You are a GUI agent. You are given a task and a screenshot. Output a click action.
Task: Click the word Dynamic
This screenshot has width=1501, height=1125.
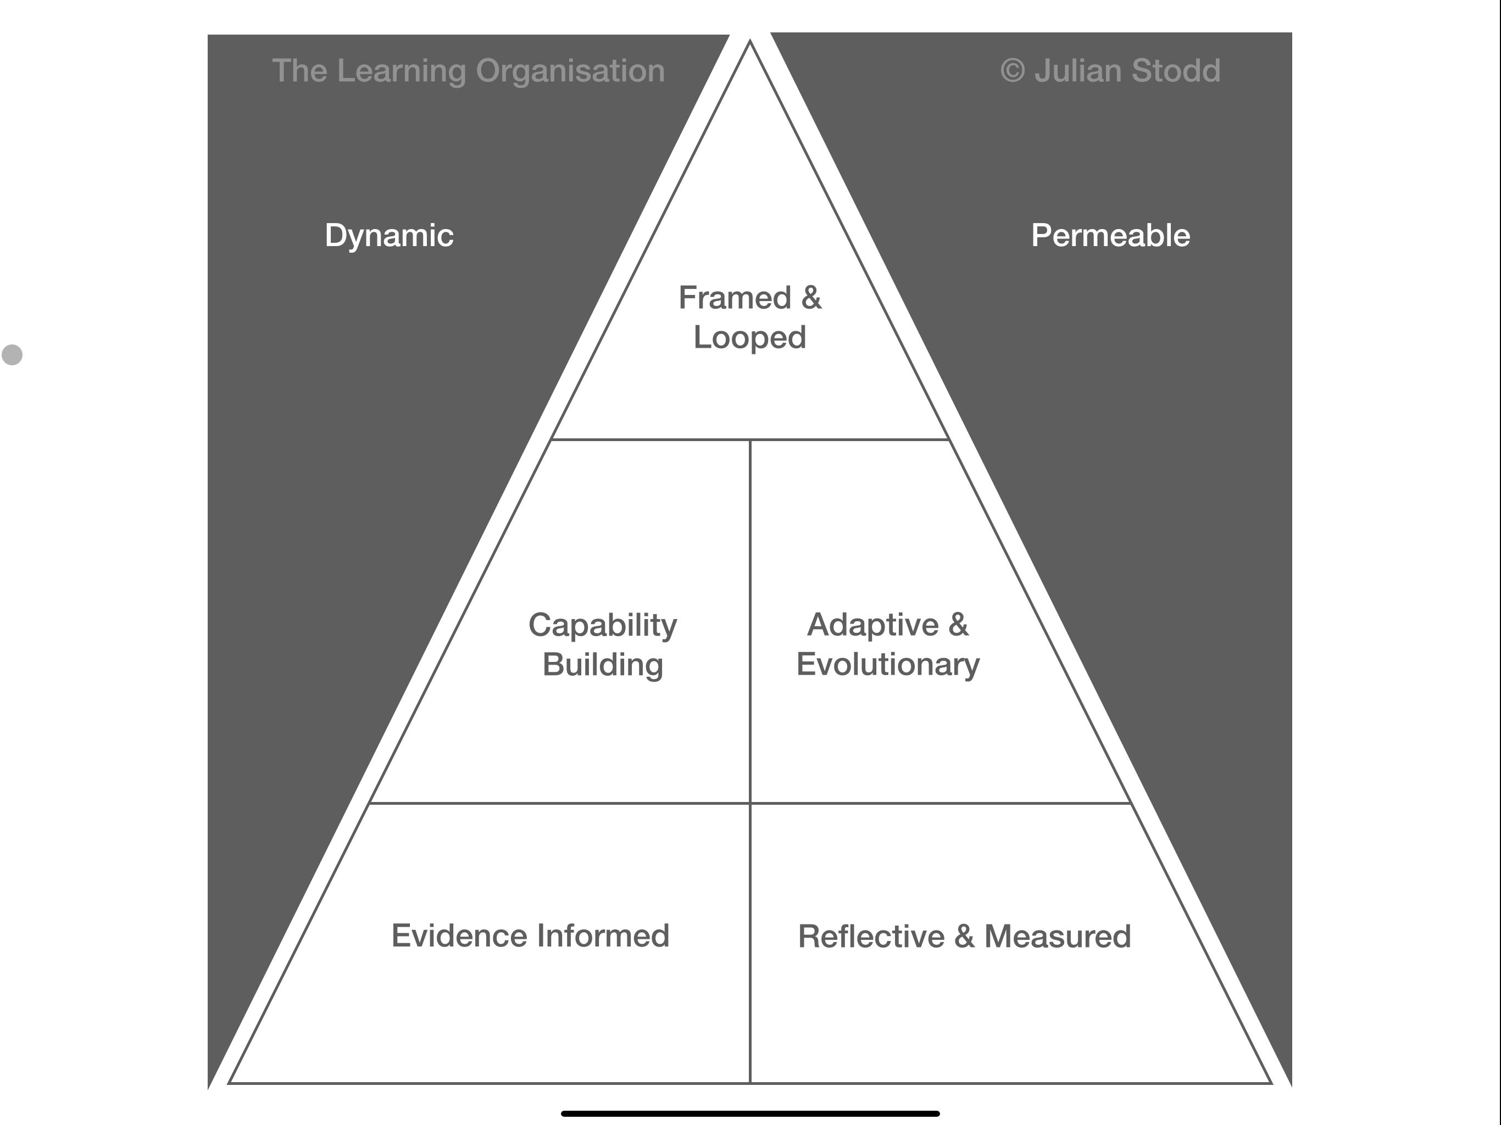389,236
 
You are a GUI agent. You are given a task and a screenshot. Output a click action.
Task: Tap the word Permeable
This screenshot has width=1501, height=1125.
1110,236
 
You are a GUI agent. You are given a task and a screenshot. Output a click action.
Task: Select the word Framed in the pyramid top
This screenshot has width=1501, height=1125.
734,298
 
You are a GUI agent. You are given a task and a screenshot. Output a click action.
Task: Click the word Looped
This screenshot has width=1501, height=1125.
750,337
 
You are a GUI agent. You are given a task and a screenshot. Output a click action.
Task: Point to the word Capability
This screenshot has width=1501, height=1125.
603,625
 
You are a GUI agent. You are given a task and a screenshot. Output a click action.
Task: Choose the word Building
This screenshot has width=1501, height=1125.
603,664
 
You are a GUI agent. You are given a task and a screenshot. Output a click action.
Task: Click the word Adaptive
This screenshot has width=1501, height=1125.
872,625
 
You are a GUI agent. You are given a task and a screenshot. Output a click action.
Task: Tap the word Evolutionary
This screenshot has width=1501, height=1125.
887,664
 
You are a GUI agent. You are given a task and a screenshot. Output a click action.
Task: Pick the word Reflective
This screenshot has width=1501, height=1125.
871,937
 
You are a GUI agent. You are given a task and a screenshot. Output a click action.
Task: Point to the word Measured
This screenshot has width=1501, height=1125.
1057,937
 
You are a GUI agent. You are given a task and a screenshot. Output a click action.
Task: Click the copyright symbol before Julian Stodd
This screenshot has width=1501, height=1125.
1013,70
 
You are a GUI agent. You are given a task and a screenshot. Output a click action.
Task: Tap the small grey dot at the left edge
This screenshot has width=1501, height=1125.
12,354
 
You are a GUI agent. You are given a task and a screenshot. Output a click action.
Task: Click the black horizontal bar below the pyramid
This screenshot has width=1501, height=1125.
750,1113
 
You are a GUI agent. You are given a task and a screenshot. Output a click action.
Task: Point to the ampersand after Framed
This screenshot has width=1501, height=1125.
811,298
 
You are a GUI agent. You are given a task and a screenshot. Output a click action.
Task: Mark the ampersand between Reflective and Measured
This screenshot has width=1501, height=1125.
964,937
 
